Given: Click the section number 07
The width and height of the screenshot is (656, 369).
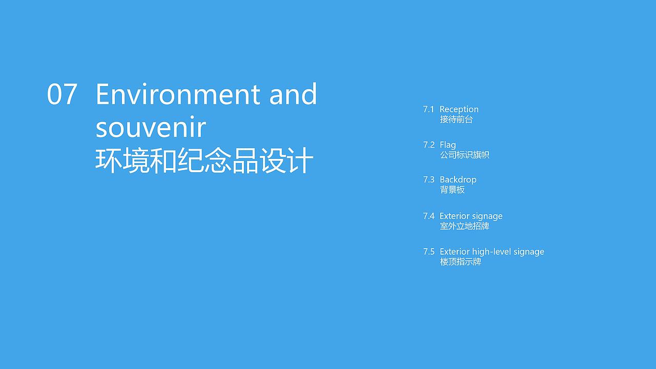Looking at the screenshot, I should pyautogui.click(x=62, y=95).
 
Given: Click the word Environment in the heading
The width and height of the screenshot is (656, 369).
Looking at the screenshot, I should pyautogui.click(x=178, y=95).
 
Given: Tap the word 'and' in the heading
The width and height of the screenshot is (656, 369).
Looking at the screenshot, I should pyautogui.click(x=294, y=95).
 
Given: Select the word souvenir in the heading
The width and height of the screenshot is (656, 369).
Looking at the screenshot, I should pyautogui.click(x=150, y=128).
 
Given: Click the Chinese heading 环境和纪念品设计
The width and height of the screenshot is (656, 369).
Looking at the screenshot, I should pyautogui.click(x=204, y=161).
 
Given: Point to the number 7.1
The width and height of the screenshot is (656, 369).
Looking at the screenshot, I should pyautogui.click(x=428, y=109).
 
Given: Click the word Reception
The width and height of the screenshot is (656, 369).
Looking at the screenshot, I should pyautogui.click(x=459, y=109).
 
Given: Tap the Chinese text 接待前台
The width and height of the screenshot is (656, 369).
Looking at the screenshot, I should pyautogui.click(x=456, y=119).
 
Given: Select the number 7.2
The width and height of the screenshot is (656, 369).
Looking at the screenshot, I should pyautogui.click(x=428, y=145).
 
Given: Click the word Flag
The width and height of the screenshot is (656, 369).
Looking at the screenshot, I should pyautogui.click(x=447, y=145).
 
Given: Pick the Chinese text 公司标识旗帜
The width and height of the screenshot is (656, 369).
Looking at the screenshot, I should pyautogui.click(x=464, y=155).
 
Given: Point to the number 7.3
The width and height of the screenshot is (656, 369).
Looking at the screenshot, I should pyautogui.click(x=428, y=180).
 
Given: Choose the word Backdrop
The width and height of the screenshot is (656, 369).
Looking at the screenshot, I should pyautogui.click(x=458, y=180).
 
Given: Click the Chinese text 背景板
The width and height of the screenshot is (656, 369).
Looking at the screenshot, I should pyautogui.click(x=452, y=190).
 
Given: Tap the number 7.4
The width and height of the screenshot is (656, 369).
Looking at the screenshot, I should pyautogui.click(x=428, y=216).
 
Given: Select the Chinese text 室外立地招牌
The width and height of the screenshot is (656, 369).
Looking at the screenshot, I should pyautogui.click(x=464, y=226).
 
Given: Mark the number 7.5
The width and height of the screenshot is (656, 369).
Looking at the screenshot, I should pyautogui.click(x=428, y=252).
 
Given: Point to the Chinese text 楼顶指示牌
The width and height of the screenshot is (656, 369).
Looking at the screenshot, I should pyautogui.click(x=460, y=262).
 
